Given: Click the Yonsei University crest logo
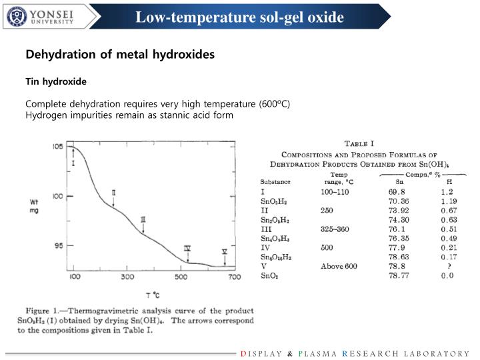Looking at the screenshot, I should click(x=17, y=16).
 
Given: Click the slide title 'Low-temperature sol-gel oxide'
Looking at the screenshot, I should click(x=240, y=17).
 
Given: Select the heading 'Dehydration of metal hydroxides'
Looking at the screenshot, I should click(x=120, y=55).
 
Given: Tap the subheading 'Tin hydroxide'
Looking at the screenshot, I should click(x=56, y=81).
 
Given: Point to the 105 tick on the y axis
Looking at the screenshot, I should click(x=58, y=147).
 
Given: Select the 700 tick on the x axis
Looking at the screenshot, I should click(x=232, y=277).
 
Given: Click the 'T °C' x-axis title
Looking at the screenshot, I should click(x=153, y=295).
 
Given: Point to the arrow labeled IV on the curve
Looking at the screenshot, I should click(x=187, y=254).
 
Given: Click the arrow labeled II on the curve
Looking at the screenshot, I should click(x=114, y=199).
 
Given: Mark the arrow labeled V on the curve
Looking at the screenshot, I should click(x=225, y=257).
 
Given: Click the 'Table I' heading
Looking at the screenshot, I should click(x=359, y=143).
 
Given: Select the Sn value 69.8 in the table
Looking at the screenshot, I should click(x=397, y=191).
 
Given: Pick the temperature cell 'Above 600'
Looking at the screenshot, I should click(x=339, y=266).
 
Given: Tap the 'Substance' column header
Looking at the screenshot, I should click(x=275, y=181).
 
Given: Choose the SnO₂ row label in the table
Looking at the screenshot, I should click(x=270, y=275).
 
